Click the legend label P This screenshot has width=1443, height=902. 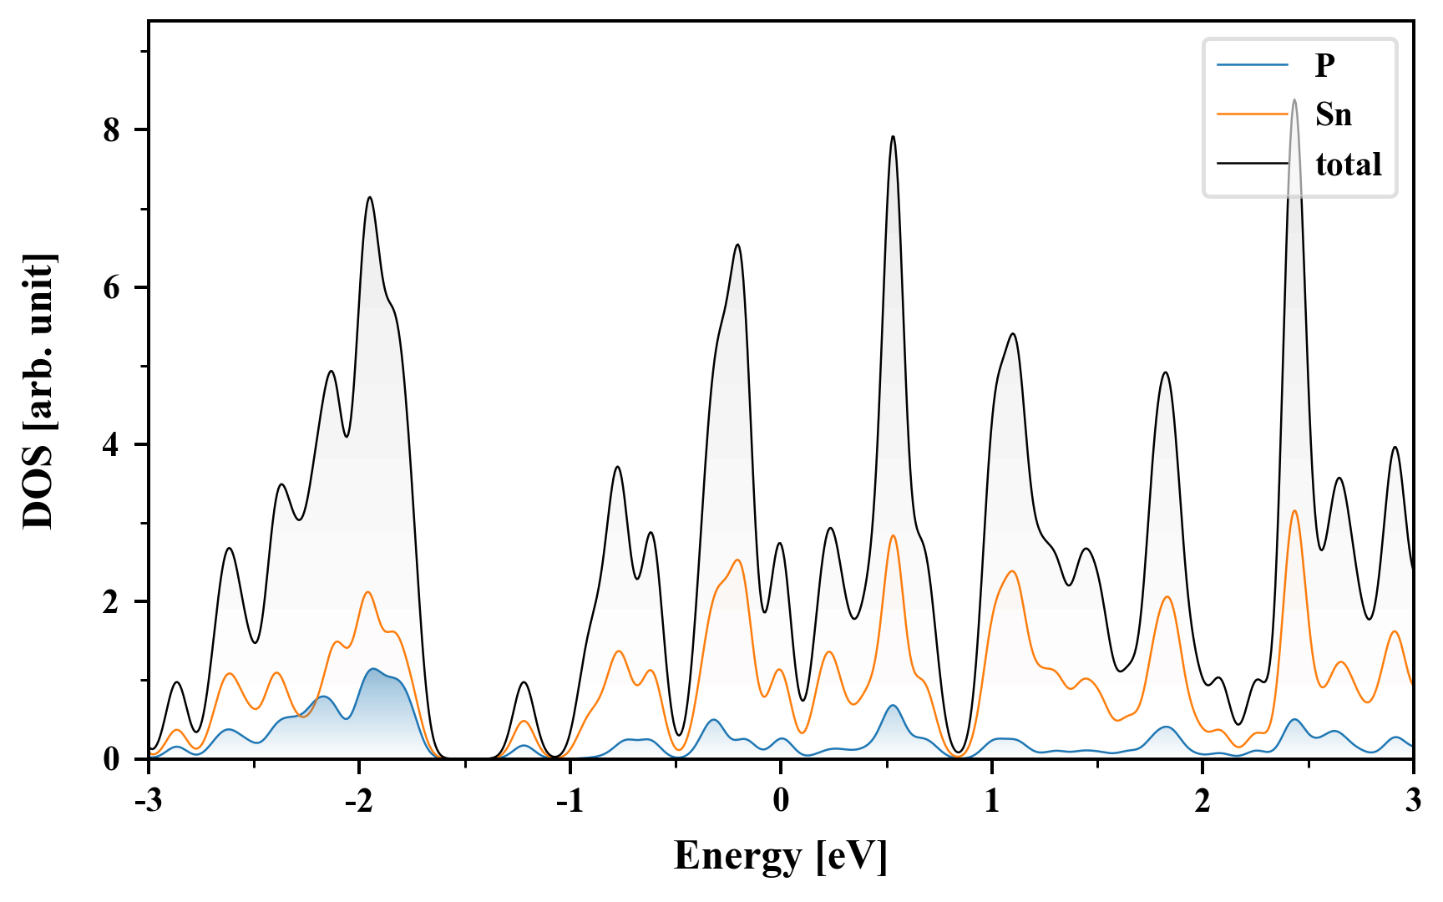pos(1325,65)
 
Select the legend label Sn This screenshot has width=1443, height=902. pos(1334,114)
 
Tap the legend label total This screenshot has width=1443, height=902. pos(1349,164)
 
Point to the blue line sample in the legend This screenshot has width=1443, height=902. pos(1253,65)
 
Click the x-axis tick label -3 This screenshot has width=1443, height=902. pos(148,800)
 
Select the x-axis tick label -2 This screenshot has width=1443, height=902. pos(358,800)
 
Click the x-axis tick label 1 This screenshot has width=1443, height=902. pos(991,800)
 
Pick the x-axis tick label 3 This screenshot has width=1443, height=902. pos(1413,800)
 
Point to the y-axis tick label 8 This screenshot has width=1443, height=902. pos(113,130)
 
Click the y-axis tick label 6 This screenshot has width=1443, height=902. pos(113,287)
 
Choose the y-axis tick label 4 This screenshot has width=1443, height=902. pos(113,444)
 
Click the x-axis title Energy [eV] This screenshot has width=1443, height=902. pos(781,856)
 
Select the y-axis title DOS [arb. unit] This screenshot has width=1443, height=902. pos(38,391)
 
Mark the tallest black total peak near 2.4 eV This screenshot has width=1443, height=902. pos(1294,100)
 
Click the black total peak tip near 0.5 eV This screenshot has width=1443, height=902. pos(893,137)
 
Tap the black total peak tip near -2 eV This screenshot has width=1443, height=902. pos(369,198)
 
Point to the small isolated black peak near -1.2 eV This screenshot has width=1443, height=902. pos(524,682)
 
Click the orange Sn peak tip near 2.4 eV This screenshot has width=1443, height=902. pos(1294,511)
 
